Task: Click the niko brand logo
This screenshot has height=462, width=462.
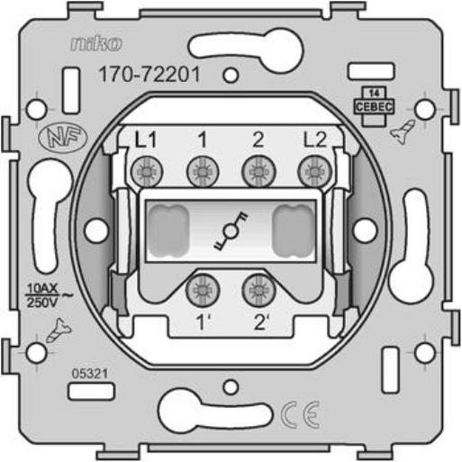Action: [x=96, y=43]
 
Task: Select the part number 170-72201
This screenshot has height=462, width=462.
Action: [x=149, y=74]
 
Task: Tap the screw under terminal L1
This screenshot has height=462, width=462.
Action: [x=147, y=172]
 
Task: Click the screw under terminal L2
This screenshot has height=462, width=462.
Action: [x=314, y=172]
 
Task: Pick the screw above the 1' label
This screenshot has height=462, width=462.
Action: [x=203, y=291]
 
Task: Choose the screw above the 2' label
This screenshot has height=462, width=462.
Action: [x=258, y=290]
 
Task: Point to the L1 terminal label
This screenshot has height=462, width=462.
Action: [x=146, y=140]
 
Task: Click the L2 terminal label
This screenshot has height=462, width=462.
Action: [x=314, y=140]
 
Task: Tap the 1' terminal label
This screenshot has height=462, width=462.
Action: [x=204, y=322]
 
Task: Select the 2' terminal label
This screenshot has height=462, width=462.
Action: [x=261, y=322]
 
